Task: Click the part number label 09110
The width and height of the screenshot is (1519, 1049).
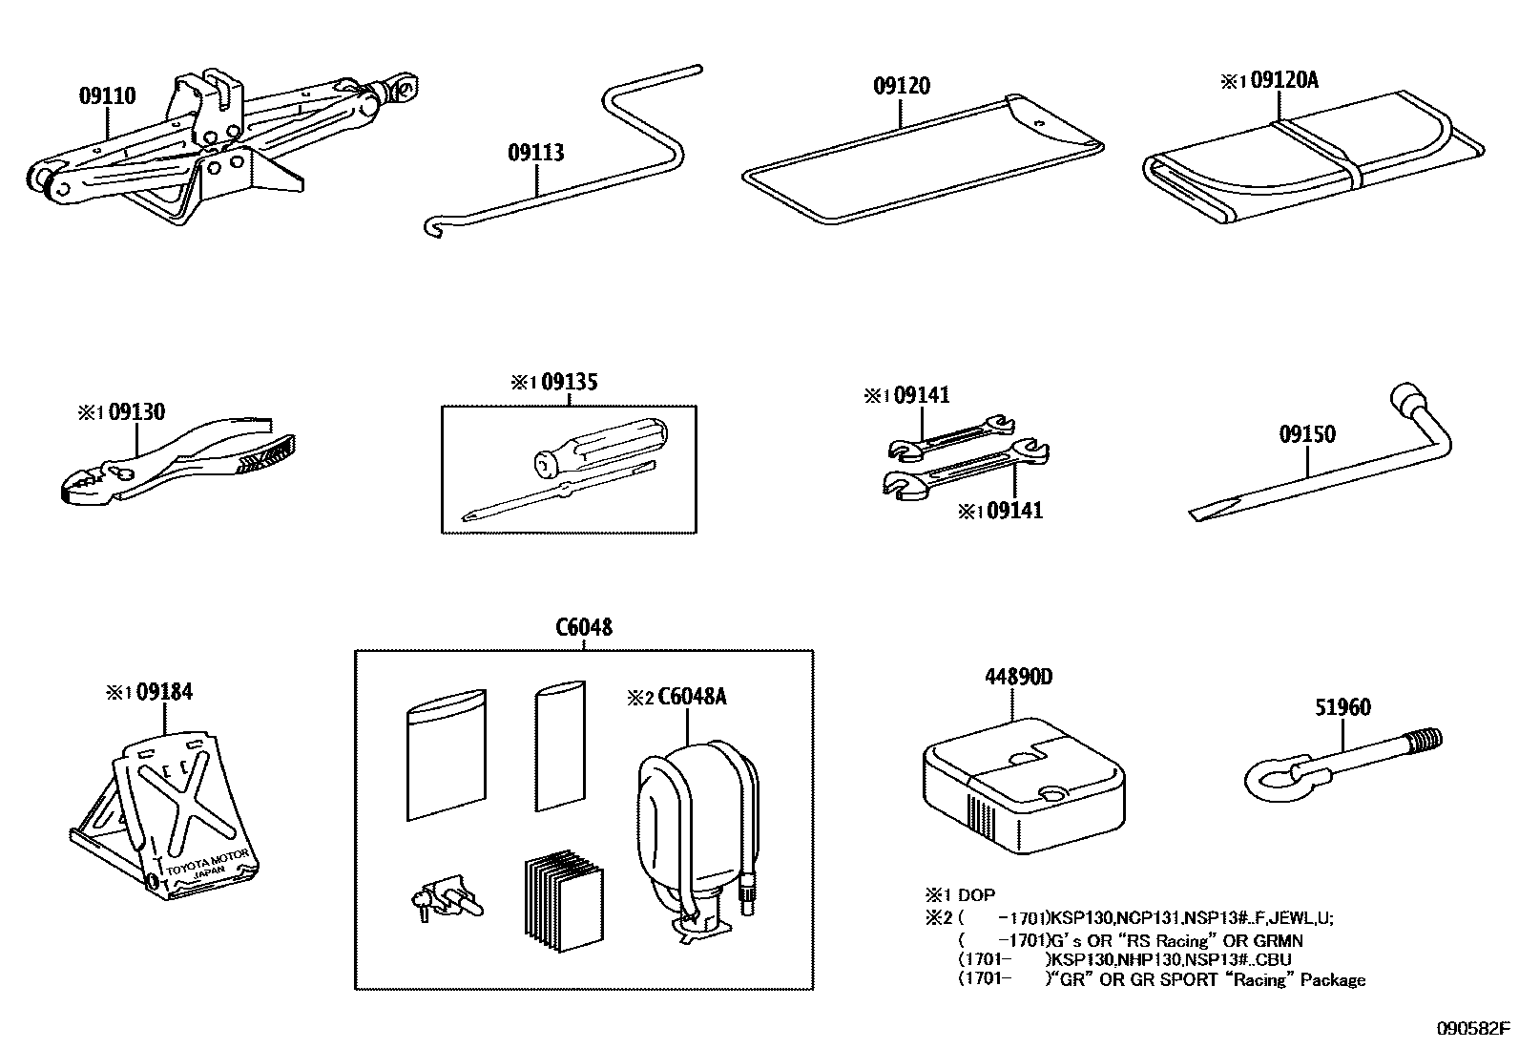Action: pyautogui.click(x=107, y=95)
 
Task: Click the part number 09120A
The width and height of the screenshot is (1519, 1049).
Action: pyautogui.click(x=1283, y=80)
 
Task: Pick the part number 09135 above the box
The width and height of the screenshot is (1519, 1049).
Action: pyautogui.click(x=570, y=382)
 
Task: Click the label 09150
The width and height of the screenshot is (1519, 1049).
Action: pyautogui.click(x=1307, y=434)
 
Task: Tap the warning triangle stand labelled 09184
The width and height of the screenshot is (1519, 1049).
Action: pyautogui.click(x=181, y=811)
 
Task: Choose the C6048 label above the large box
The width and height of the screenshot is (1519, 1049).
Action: pyautogui.click(x=584, y=627)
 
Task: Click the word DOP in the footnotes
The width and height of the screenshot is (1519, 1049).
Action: pyautogui.click(x=976, y=895)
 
